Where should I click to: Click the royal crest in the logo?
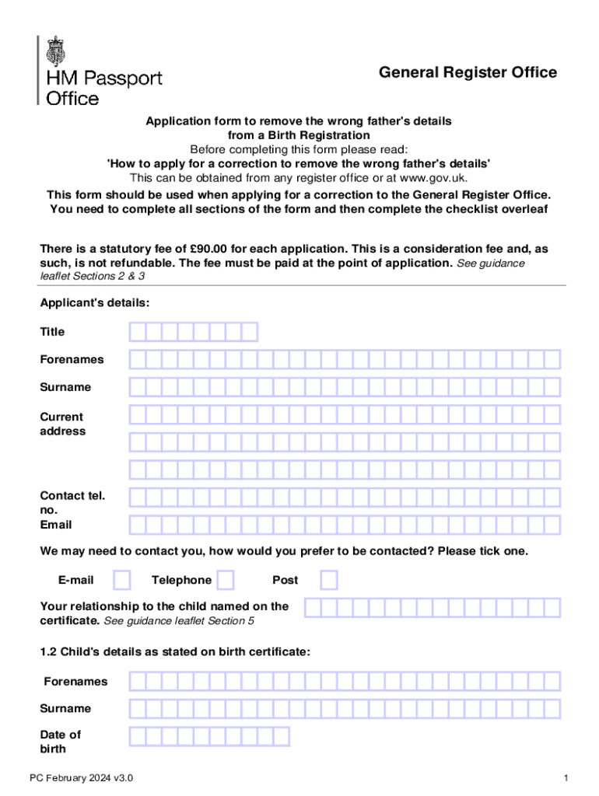click(56, 51)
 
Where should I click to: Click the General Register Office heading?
click(468, 72)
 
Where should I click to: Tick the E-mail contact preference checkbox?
click(122, 580)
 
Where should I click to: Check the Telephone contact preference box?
click(226, 580)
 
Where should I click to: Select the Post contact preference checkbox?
click(329, 580)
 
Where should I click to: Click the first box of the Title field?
click(138, 333)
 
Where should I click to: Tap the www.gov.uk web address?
click(433, 177)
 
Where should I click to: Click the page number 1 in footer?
click(567, 778)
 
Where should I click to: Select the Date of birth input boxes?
click(209, 736)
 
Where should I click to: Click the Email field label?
click(56, 525)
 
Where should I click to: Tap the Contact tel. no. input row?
click(345, 497)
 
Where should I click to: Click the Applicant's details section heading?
click(95, 302)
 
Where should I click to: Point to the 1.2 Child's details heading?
click(175, 652)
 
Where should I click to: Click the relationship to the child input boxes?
click(432, 607)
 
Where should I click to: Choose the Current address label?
click(62, 424)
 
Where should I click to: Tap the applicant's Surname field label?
click(65, 387)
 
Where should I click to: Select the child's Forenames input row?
click(345, 682)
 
